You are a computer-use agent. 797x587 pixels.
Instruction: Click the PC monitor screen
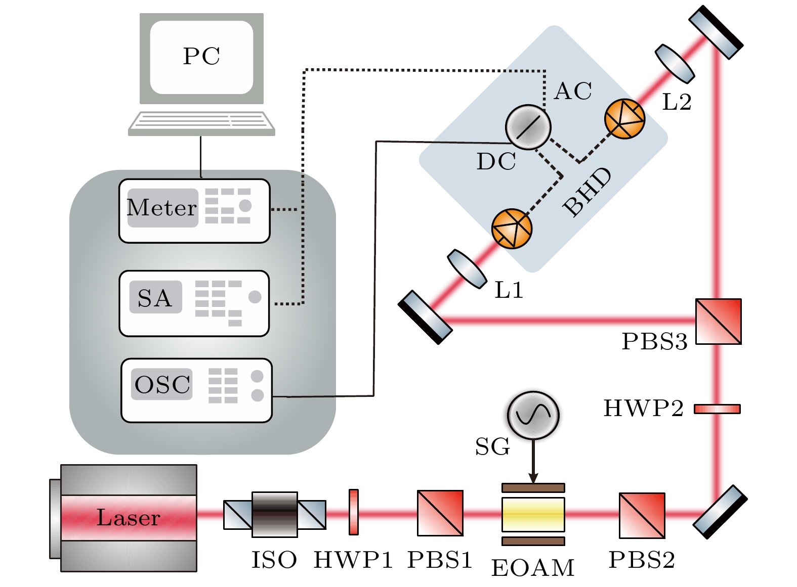[x=201, y=57]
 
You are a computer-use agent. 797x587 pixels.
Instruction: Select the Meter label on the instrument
[x=162, y=208]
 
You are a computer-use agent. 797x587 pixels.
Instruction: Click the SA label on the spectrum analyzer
[x=155, y=298]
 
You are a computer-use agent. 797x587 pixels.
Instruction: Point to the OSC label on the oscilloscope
[x=162, y=385]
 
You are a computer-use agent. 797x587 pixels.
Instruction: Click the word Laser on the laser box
[x=129, y=518]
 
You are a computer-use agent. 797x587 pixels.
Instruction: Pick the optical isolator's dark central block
[x=274, y=514]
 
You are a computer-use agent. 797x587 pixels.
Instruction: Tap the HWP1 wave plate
[x=354, y=512]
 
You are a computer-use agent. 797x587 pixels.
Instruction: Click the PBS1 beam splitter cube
[x=440, y=513]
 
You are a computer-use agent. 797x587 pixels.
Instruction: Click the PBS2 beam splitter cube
[x=642, y=515]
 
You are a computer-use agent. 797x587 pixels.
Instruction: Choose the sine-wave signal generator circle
[x=533, y=415]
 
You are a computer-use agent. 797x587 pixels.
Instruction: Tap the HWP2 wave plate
[x=717, y=409]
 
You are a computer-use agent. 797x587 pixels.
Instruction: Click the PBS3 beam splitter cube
[x=718, y=322]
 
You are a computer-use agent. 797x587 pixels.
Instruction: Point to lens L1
[x=467, y=268]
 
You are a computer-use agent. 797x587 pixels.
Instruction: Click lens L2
[x=675, y=64]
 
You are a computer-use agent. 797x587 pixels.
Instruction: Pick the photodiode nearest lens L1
[x=512, y=229]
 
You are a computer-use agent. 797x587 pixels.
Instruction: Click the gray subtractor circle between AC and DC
[x=528, y=127]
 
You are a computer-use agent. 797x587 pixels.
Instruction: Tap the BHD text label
[x=587, y=193]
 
